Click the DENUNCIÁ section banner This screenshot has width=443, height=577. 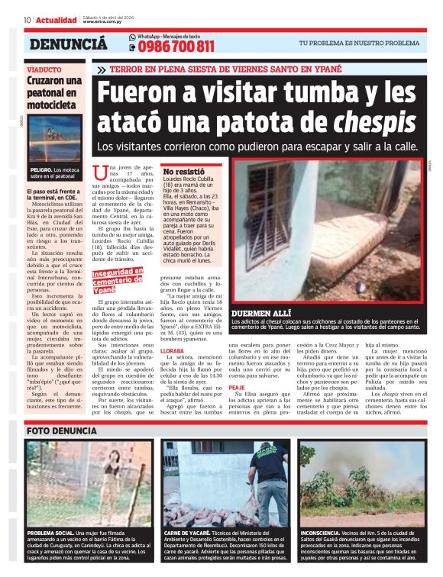click(x=68, y=44)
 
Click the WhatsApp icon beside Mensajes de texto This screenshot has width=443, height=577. click(x=132, y=37)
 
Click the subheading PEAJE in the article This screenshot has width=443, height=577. click(x=237, y=387)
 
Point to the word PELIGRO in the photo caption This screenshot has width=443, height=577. click(x=40, y=169)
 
